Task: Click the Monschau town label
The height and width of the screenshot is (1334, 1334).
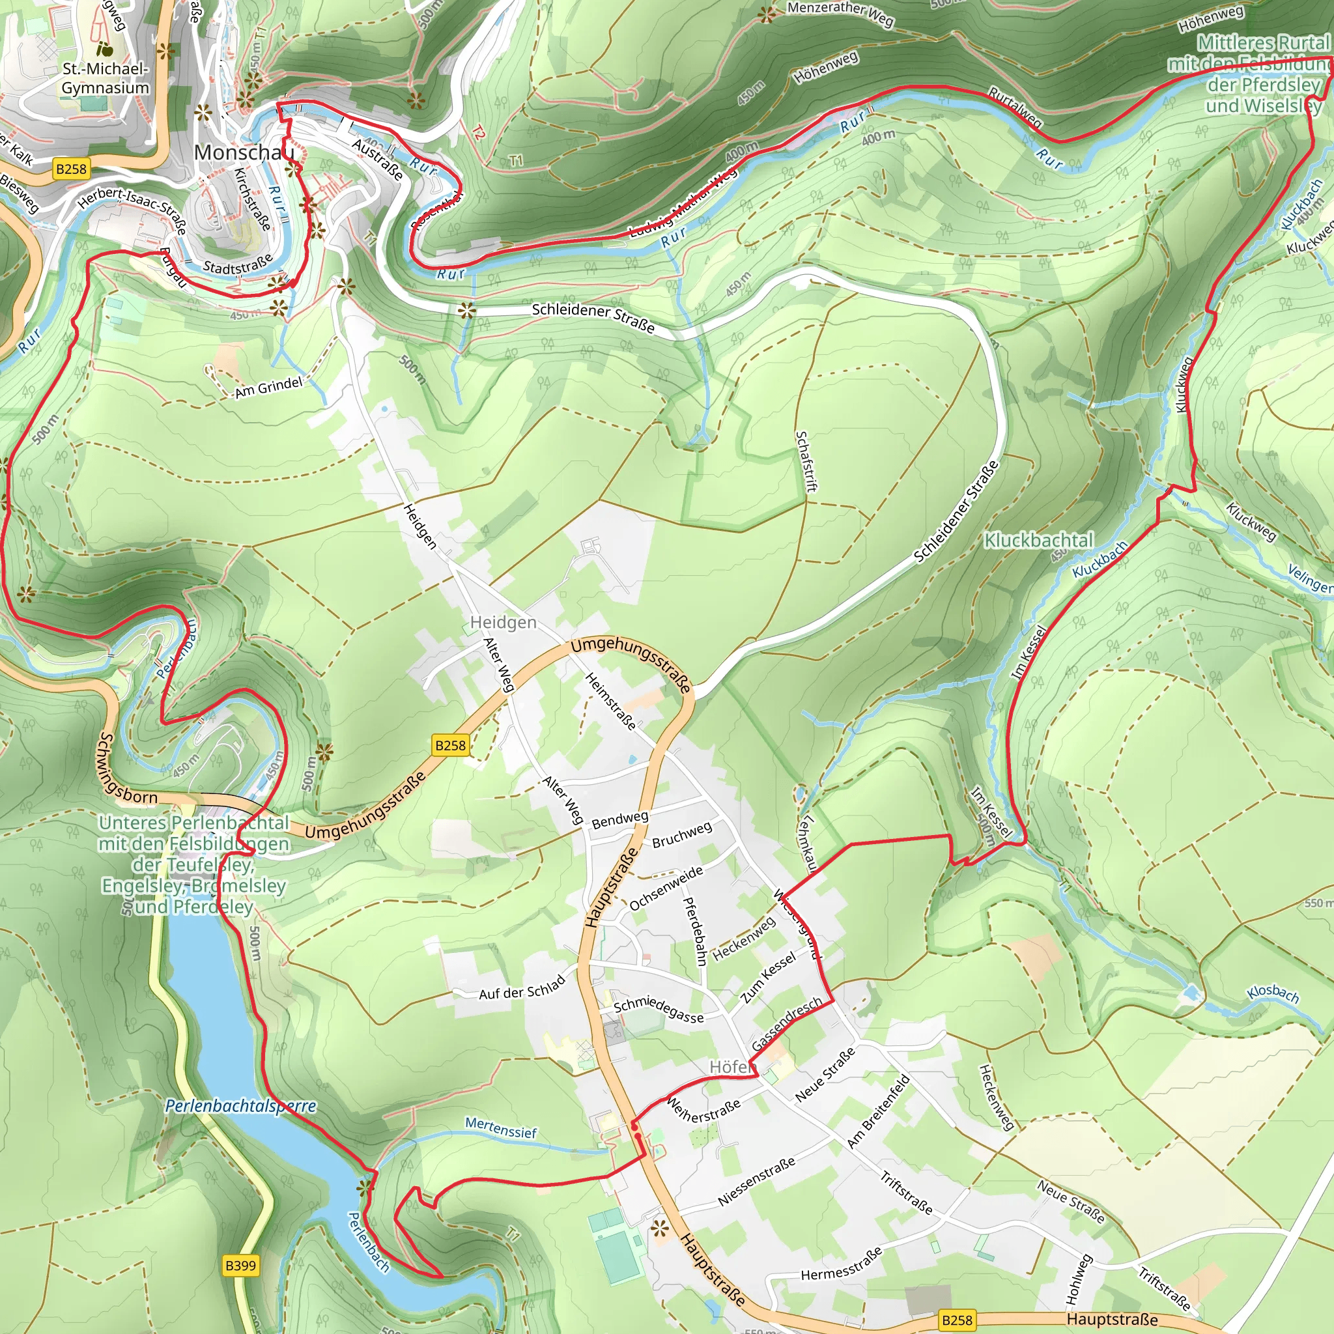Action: pos(243,152)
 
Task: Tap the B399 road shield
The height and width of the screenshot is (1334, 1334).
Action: pos(240,1266)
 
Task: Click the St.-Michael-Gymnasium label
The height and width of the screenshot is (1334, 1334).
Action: pos(105,78)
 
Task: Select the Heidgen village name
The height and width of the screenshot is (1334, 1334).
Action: pos(503,622)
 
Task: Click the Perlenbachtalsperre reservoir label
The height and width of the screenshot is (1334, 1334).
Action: pos(240,1105)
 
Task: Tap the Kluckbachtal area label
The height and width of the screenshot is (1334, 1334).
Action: pos(1038,540)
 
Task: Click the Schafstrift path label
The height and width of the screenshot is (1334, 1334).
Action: pos(806,461)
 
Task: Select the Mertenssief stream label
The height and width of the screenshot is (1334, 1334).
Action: pos(501,1127)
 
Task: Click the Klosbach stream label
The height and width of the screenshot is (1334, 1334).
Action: pos(1273,993)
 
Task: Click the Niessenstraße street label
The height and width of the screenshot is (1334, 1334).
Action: pos(756,1182)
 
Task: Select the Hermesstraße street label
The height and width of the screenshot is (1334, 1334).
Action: pos(841,1263)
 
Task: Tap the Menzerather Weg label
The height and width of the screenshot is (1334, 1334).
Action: pos(840,14)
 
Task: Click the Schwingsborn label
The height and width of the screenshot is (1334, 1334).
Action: pos(127,769)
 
